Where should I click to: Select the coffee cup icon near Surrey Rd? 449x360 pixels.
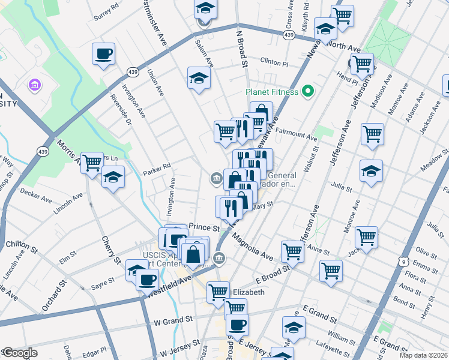click(x=103, y=53)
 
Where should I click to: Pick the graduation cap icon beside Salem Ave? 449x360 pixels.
click(x=199, y=78)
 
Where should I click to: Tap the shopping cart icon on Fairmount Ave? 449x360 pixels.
click(x=372, y=134)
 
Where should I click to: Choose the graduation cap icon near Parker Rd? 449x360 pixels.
click(x=113, y=178)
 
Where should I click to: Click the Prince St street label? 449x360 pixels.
click(x=204, y=228)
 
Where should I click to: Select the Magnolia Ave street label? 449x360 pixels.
click(x=252, y=247)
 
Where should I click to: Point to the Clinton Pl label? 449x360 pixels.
click(x=274, y=62)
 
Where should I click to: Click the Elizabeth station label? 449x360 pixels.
click(x=248, y=292)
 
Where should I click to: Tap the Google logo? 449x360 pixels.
click(x=20, y=353)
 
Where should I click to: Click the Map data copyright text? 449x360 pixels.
click(x=423, y=355)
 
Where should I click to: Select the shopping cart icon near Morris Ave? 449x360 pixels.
click(x=92, y=162)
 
